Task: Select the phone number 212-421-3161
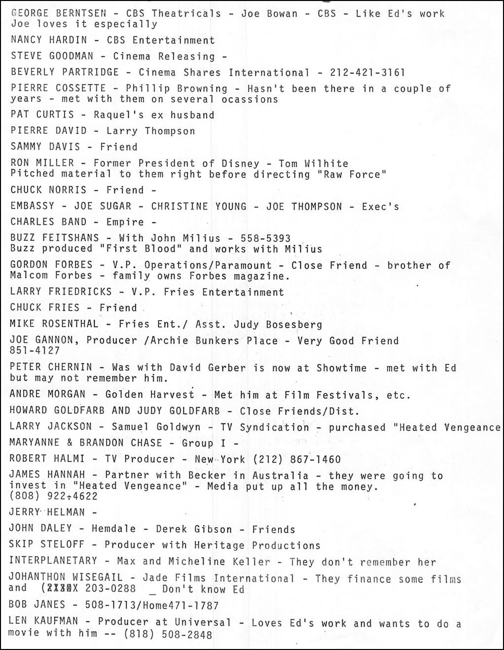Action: point(367,72)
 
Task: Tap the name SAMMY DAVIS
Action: point(45,146)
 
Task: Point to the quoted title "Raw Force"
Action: point(352,175)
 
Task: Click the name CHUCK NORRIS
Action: point(48,190)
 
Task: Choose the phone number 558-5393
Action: point(265,238)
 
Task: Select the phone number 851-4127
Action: point(35,351)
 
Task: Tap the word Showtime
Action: point(341,368)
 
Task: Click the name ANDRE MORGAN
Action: point(47,394)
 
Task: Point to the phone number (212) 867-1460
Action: point(296,459)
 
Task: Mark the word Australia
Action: point(280,475)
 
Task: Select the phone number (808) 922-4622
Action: point(53,496)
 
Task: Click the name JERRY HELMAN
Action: point(47,512)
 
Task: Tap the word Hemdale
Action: point(113,529)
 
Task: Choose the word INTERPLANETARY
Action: point(53,561)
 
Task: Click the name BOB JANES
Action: point(37,604)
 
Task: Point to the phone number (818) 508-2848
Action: point(168,634)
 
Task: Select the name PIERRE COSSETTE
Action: point(58,88)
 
